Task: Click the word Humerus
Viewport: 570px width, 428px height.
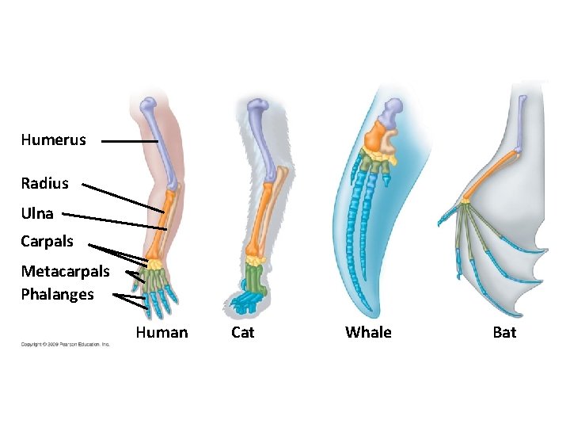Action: click(x=53, y=140)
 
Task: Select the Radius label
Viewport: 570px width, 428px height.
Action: click(x=45, y=183)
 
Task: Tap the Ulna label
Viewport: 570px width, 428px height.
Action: click(x=37, y=213)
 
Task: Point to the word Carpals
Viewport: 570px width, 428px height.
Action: click(x=47, y=241)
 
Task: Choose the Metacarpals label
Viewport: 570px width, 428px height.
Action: click(x=65, y=271)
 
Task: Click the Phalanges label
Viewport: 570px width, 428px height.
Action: click(x=57, y=294)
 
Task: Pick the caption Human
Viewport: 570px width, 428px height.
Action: click(x=161, y=332)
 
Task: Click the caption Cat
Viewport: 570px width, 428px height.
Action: click(x=242, y=332)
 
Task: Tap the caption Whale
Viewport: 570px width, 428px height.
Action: click(x=368, y=332)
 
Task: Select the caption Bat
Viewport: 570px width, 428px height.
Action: click(x=504, y=332)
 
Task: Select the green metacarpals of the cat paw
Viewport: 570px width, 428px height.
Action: click(x=255, y=277)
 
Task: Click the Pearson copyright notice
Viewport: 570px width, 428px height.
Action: click(x=65, y=344)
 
